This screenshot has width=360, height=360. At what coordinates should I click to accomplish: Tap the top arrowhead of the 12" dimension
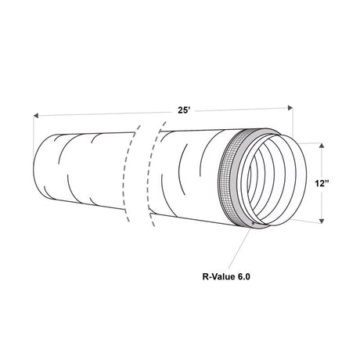[322, 146]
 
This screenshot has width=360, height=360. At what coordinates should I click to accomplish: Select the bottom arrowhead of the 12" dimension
[322, 221]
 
